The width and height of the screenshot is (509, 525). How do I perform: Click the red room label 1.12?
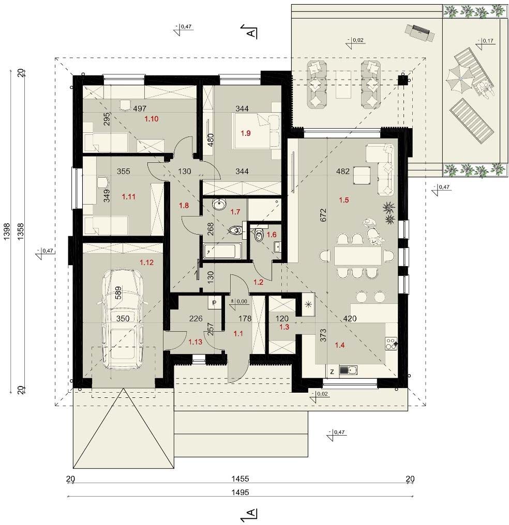coord(146,262)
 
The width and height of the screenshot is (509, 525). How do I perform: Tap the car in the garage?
coord(123,319)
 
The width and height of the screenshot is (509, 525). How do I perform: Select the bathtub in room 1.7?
coord(222,251)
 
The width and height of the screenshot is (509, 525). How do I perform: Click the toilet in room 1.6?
coord(258,235)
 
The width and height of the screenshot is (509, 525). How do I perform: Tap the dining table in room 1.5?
coord(357,256)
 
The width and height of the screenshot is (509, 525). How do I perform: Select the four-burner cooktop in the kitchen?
coord(392,343)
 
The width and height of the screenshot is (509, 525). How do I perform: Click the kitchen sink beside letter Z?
coord(348,370)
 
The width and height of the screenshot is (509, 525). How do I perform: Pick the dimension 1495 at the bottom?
coord(240,492)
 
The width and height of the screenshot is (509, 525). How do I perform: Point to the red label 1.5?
coord(344,200)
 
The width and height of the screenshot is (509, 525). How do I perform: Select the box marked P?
coord(214,303)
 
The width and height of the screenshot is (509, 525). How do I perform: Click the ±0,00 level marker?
coord(238,302)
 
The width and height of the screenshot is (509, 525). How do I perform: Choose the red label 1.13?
coord(195,342)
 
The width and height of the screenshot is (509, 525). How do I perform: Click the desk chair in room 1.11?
coord(103,182)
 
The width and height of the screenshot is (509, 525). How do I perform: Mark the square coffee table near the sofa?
coord(362,176)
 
